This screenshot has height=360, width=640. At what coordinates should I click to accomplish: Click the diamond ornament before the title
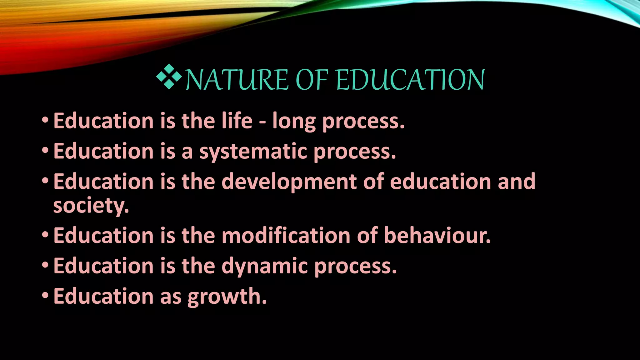169,77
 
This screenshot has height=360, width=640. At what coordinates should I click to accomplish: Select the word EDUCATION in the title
411,80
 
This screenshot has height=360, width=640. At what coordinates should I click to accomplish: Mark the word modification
286,235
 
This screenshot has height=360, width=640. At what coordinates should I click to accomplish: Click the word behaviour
437,235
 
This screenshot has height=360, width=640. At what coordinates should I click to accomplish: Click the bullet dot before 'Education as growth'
45,295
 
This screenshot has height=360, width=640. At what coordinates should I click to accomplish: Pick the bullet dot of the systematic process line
45,150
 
